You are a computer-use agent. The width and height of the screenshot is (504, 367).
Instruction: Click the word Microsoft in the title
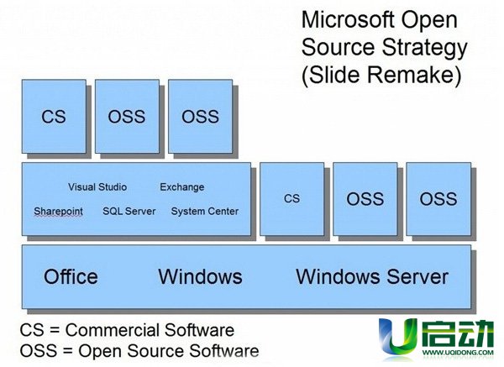click(x=348, y=20)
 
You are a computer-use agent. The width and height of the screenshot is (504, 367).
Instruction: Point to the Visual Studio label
click(x=97, y=186)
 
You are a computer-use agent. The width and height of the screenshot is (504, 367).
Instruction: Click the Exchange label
click(x=182, y=187)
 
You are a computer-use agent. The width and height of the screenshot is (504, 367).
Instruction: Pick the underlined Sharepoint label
click(x=58, y=212)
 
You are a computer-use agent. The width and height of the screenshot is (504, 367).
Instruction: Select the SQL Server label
click(x=129, y=211)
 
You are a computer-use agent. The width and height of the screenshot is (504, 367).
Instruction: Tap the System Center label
click(x=205, y=211)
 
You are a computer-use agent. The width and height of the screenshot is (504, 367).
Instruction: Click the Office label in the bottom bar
click(x=71, y=276)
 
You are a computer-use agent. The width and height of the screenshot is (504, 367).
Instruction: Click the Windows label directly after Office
click(x=200, y=276)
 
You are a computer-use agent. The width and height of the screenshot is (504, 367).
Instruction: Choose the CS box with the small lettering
click(x=291, y=199)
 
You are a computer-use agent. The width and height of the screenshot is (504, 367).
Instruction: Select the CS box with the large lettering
click(x=54, y=117)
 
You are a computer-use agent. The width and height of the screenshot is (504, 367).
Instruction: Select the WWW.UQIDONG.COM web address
click(x=458, y=353)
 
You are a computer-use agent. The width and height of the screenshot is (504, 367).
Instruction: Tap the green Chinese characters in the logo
click(x=458, y=333)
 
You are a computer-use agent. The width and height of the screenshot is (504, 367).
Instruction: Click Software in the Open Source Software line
click(x=224, y=350)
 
